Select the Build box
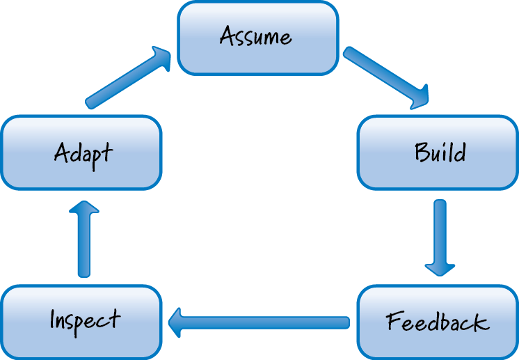click(438, 152)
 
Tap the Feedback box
click(438, 322)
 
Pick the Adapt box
click(81, 152)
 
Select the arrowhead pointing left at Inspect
click(176, 322)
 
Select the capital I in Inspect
click(53, 320)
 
